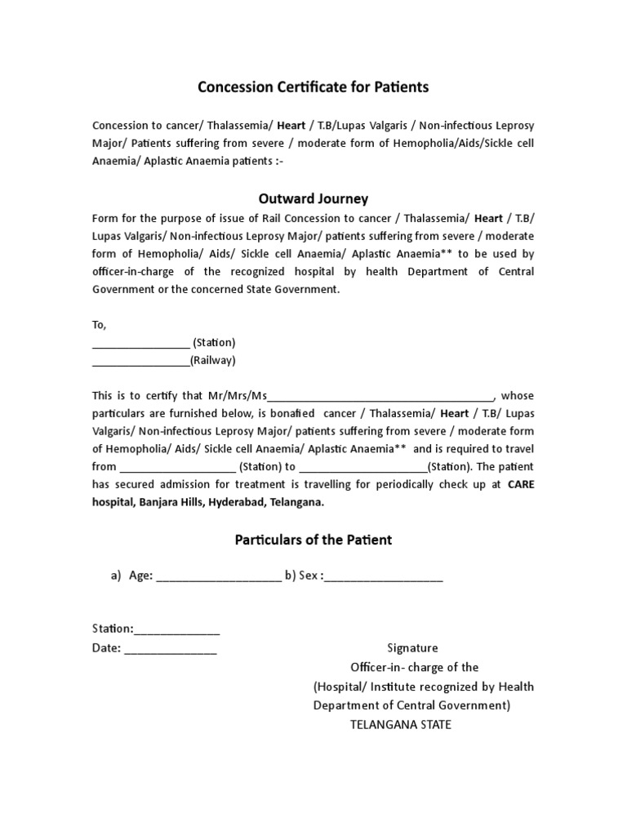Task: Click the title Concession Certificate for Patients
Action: [x=313, y=87]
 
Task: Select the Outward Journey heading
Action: [x=313, y=198]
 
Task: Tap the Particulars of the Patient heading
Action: [x=313, y=540]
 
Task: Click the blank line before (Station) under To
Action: [x=140, y=344]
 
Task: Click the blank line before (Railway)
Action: [x=140, y=362]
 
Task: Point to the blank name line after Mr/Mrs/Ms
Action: [x=380, y=398]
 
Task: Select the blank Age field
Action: [x=218, y=576]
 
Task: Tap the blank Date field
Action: [x=171, y=649]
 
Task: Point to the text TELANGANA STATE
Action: [x=400, y=724]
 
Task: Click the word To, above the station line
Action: [x=100, y=325]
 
